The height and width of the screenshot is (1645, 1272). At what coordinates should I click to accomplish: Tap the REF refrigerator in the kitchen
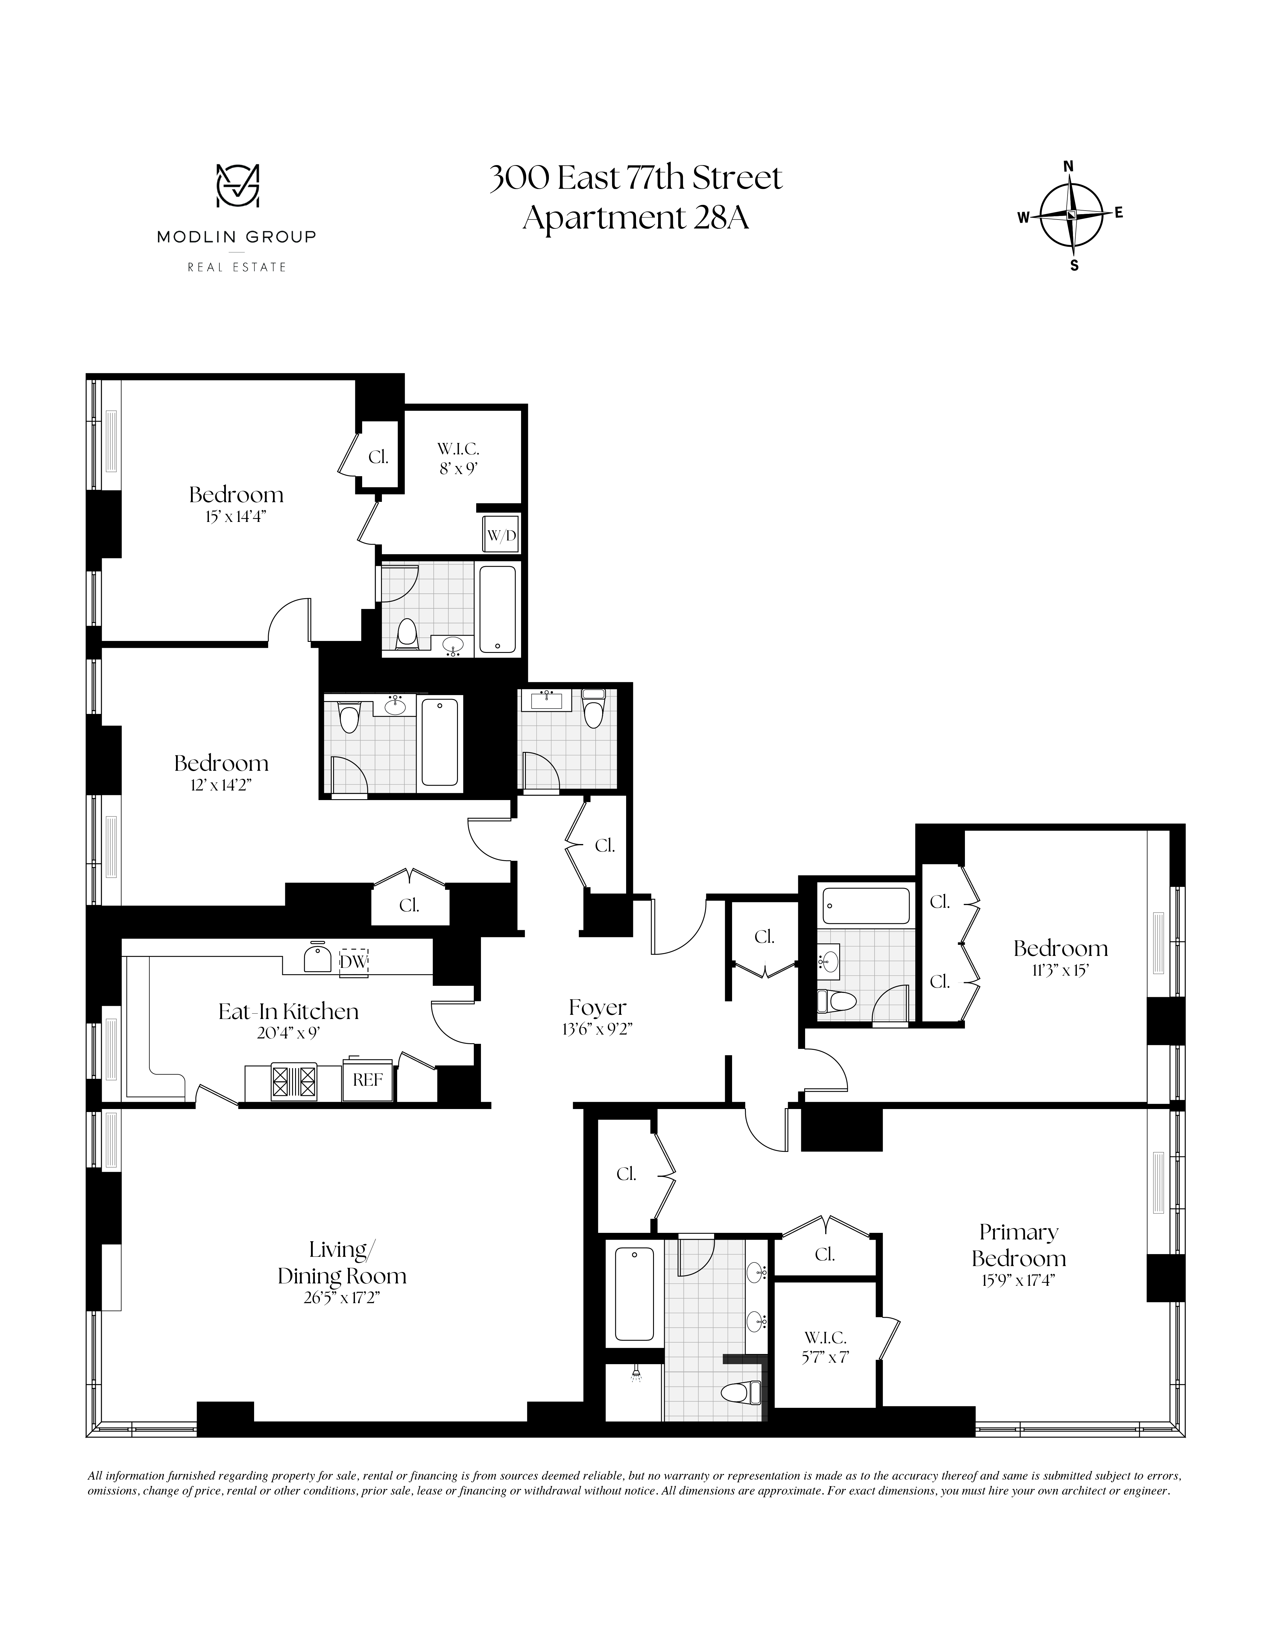[x=368, y=1079]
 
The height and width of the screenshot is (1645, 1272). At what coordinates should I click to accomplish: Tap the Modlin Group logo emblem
[x=238, y=186]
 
